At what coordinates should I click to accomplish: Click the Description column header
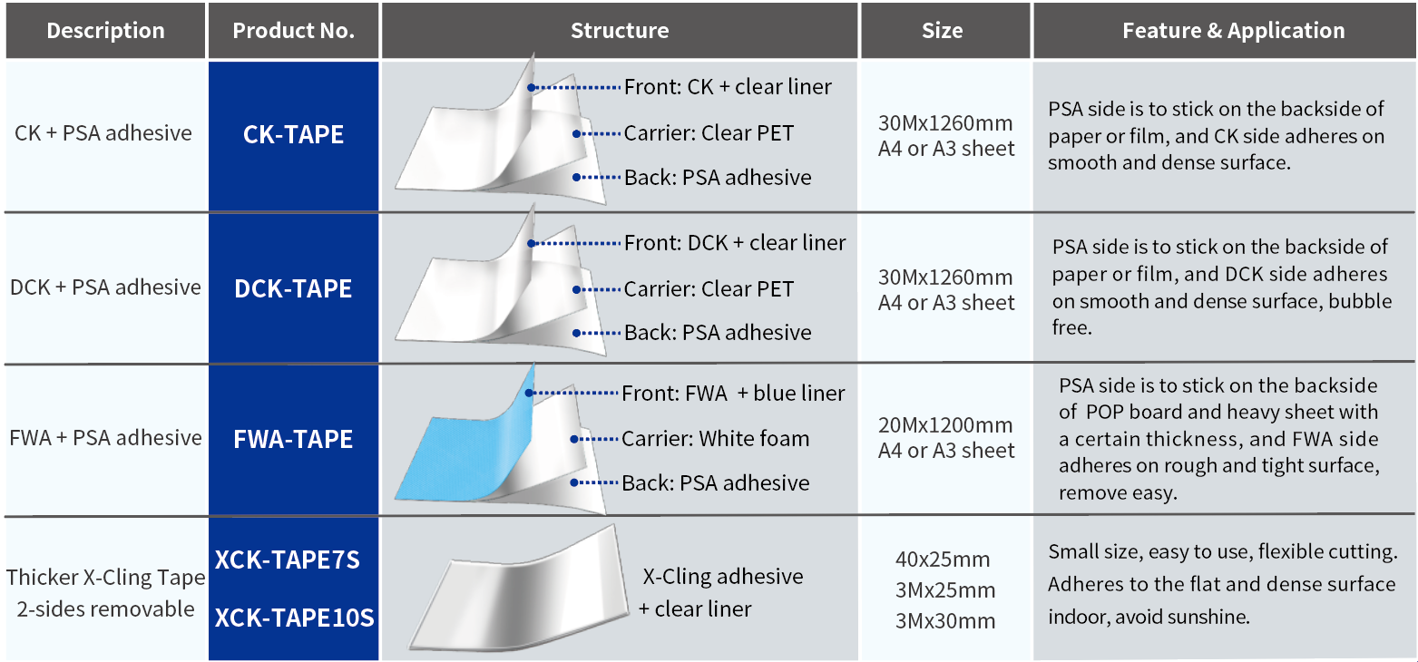tap(105, 31)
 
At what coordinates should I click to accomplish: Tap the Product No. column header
tap(293, 31)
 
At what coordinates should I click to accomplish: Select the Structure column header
tap(620, 31)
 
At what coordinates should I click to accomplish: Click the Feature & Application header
tap(1233, 31)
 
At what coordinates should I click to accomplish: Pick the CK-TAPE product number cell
tap(293, 134)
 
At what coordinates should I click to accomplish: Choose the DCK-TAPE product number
tap(293, 288)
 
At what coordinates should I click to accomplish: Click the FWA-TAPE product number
tap(293, 439)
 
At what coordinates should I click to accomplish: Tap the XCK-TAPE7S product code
tap(288, 560)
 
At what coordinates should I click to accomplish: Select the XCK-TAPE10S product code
tap(294, 618)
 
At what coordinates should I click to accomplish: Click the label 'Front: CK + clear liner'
tap(728, 87)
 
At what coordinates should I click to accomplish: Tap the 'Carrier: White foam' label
tap(715, 439)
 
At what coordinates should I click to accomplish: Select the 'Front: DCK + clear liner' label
tap(735, 243)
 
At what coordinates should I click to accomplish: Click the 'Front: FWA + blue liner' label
tap(733, 394)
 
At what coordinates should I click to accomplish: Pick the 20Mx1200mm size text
tap(945, 424)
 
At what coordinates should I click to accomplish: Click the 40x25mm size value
tap(943, 560)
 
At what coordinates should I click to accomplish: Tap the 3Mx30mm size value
tap(945, 621)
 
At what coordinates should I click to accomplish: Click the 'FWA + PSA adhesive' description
tap(105, 438)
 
